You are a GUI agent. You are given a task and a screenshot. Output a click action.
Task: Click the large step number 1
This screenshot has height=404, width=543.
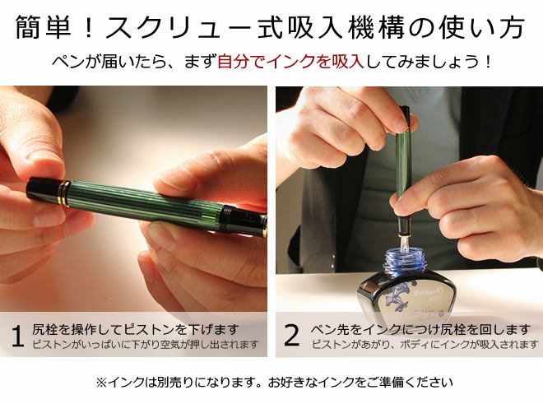pos(17,336)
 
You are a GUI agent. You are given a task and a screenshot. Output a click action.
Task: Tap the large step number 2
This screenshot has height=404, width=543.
pos(291,335)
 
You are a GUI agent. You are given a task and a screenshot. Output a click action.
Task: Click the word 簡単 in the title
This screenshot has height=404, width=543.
pos(44,27)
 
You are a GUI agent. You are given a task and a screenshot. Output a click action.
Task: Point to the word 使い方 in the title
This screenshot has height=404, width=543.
pos(483,27)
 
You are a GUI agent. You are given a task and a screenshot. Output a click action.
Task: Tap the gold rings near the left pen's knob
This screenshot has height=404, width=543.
pos(63,193)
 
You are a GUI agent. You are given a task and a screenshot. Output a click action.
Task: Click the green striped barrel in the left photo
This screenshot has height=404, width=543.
pos(146,204)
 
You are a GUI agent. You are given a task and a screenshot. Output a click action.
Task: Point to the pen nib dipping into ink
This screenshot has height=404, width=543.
pos(403,243)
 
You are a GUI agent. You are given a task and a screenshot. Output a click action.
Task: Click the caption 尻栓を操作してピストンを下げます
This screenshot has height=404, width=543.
pos(136,329)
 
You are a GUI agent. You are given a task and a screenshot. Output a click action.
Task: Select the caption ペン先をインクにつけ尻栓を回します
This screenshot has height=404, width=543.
pos(420,329)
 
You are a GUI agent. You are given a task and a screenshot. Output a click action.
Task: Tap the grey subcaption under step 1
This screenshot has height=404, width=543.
pos(146,345)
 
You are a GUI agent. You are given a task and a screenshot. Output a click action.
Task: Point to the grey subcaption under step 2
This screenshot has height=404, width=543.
pos(425,344)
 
